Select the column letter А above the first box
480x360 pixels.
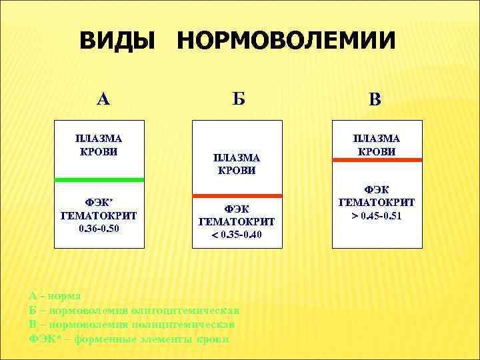pyautogui.click(x=103, y=99)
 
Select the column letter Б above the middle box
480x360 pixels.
pyautogui.click(x=239, y=99)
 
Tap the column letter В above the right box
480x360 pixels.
pyautogui.click(x=375, y=101)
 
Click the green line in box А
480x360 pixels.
pyautogui.click(x=99, y=180)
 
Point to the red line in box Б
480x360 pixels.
pyautogui.click(x=237, y=195)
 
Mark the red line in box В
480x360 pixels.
pyautogui.click(x=377, y=160)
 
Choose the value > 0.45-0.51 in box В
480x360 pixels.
pyautogui.click(x=377, y=216)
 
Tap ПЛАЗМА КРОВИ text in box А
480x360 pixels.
pyautogui.click(x=99, y=145)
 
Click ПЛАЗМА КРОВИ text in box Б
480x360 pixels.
pyautogui.click(x=237, y=164)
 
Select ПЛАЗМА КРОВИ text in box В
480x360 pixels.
pyautogui.click(x=377, y=145)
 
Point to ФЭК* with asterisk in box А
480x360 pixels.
pyautogui.click(x=99, y=202)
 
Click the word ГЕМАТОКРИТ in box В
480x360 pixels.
pyautogui.click(x=377, y=202)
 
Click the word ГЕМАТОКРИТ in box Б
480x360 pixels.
pyautogui.click(x=237, y=221)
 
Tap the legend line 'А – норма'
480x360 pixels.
pyautogui.click(x=55, y=295)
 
